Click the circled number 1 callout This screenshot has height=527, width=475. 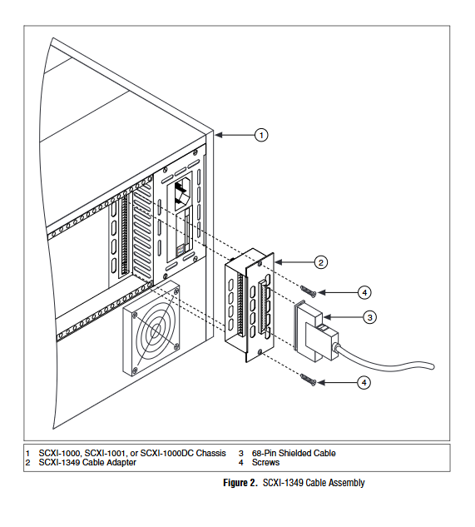click(261, 135)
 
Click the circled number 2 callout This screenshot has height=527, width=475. click(321, 262)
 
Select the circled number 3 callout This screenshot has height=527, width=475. click(370, 317)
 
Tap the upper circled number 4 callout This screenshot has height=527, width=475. click(364, 293)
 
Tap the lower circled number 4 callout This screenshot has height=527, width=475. click(364, 382)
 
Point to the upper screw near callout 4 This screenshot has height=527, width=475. click(309, 291)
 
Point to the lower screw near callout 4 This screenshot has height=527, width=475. click(309, 380)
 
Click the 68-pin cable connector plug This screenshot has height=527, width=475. click(316, 331)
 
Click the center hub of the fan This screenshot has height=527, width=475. click(156, 331)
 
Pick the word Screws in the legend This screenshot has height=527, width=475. click(265, 462)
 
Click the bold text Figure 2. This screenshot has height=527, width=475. click(240, 483)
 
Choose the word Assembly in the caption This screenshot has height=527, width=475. click(347, 483)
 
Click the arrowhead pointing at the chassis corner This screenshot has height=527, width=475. click(218, 135)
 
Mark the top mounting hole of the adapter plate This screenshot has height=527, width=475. click(260, 263)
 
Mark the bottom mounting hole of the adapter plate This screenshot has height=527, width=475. click(260, 351)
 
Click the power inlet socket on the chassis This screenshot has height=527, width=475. click(181, 194)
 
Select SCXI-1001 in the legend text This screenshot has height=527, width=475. click(105, 453)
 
